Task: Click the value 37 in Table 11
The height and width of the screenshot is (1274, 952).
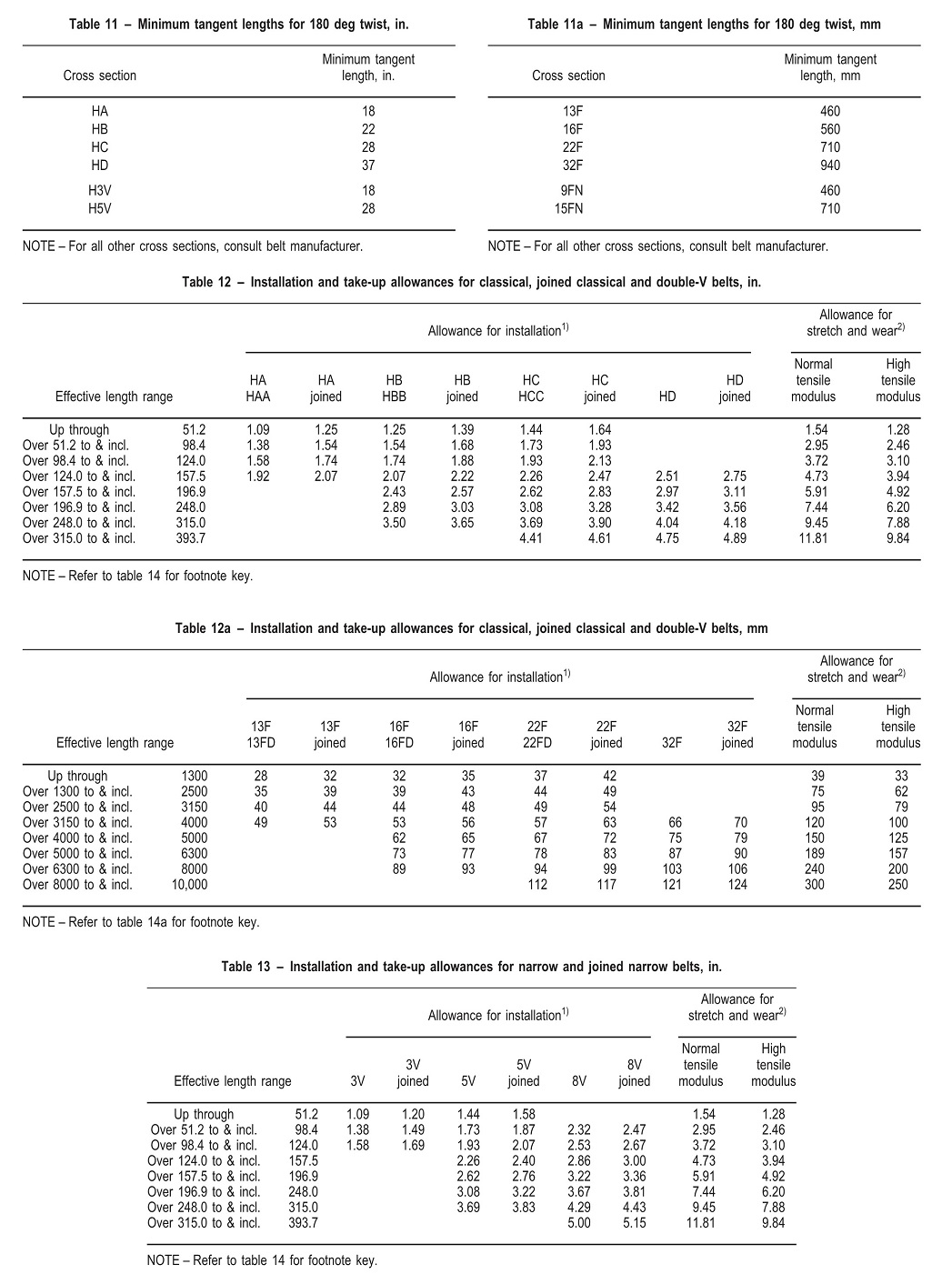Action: pyautogui.click(x=367, y=166)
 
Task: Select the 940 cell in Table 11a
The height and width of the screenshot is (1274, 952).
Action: pyautogui.click(x=829, y=166)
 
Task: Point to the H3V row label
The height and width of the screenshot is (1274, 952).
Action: pyautogui.click(x=100, y=191)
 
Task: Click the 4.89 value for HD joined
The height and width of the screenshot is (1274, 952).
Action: pyautogui.click(x=734, y=538)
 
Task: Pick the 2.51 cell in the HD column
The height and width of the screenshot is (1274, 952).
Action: pyautogui.click(x=667, y=476)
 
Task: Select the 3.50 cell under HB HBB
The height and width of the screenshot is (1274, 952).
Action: pyautogui.click(x=394, y=523)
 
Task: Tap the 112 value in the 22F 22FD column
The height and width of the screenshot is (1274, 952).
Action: pyautogui.click(x=537, y=885)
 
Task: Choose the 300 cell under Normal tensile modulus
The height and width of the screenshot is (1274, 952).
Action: pyautogui.click(x=814, y=885)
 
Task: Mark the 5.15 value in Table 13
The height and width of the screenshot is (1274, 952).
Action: pyautogui.click(x=634, y=1223)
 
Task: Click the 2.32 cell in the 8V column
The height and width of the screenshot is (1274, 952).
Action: pyautogui.click(x=578, y=1130)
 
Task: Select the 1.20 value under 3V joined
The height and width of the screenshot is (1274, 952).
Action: pyautogui.click(x=413, y=1115)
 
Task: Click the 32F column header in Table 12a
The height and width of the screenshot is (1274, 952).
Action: pyautogui.click(x=671, y=743)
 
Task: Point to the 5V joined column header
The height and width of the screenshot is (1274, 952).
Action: pyautogui.click(x=524, y=1073)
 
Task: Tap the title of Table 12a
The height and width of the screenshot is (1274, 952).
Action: pyautogui.click(x=471, y=628)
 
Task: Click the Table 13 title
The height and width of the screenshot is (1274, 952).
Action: pyautogui.click(x=471, y=967)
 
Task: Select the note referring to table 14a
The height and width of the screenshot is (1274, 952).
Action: pyautogui.click(x=141, y=922)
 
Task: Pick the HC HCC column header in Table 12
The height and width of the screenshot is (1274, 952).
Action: pyautogui.click(x=531, y=388)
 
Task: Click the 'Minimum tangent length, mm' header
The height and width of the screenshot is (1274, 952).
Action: pyautogui.click(x=830, y=67)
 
